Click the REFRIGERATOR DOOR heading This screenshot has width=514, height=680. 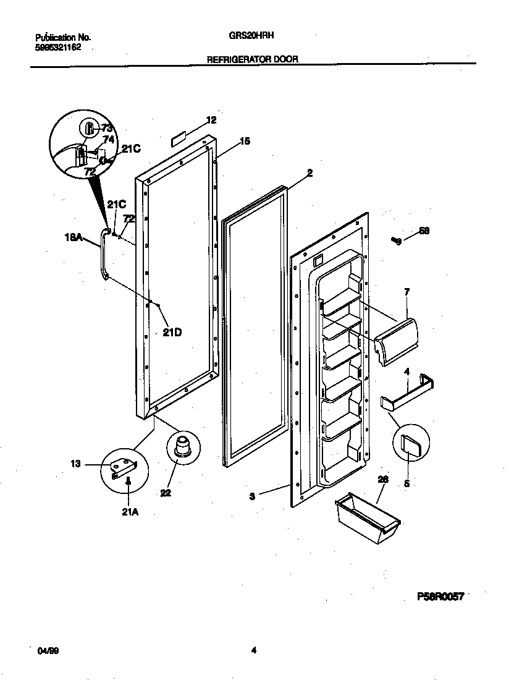pyautogui.click(x=253, y=59)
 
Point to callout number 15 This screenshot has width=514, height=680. pyautogui.click(x=245, y=142)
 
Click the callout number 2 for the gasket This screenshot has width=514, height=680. pyautogui.click(x=310, y=174)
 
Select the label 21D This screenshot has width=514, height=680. pyautogui.click(x=172, y=332)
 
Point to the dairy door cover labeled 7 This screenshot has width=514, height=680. pyautogui.click(x=398, y=343)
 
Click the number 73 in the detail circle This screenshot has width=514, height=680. pyautogui.click(x=107, y=128)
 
